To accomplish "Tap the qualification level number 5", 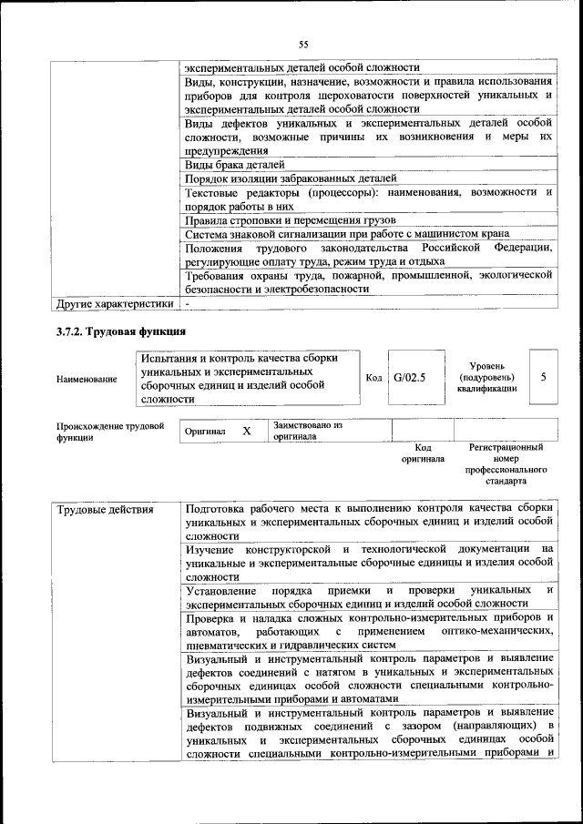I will (x=543, y=377).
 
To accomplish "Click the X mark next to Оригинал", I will (x=246, y=431).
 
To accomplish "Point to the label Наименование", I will (x=87, y=379).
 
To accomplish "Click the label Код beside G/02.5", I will (x=373, y=378).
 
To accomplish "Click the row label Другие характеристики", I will (x=114, y=302).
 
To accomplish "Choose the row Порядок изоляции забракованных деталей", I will (x=290, y=178).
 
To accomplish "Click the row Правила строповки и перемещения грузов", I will (x=289, y=220).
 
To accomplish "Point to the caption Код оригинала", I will (x=423, y=453).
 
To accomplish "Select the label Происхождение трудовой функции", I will (x=109, y=431).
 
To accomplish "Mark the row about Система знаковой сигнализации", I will (x=332, y=234).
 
